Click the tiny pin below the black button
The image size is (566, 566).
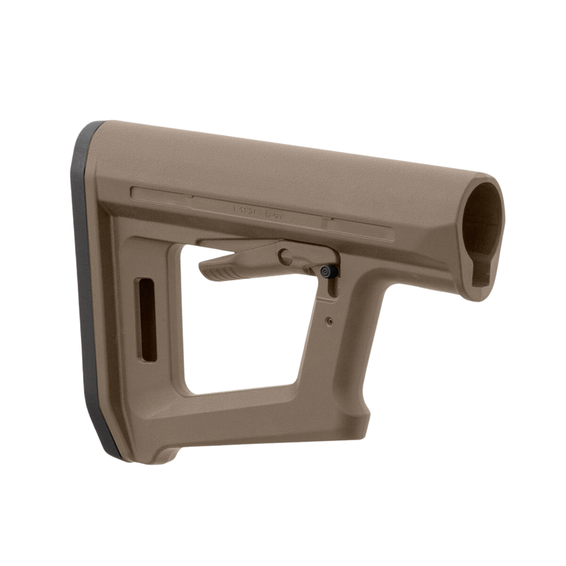[x=329, y=321]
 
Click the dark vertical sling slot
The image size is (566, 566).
[x=147, y=320]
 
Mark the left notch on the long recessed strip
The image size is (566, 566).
[x=192, y=197]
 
